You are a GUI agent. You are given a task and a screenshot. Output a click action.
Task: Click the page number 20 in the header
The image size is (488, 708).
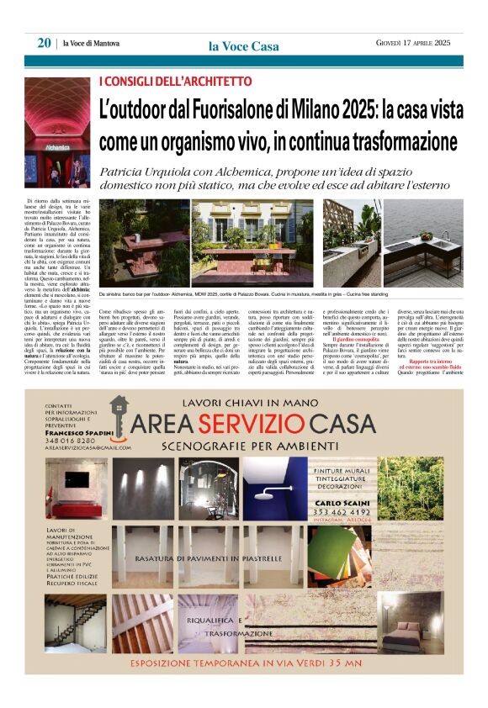coord(44,43)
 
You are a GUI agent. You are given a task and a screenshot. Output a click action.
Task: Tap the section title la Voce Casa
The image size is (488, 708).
coord(243,46)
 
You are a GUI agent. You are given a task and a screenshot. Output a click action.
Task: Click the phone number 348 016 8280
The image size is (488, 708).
coord(70,440)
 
